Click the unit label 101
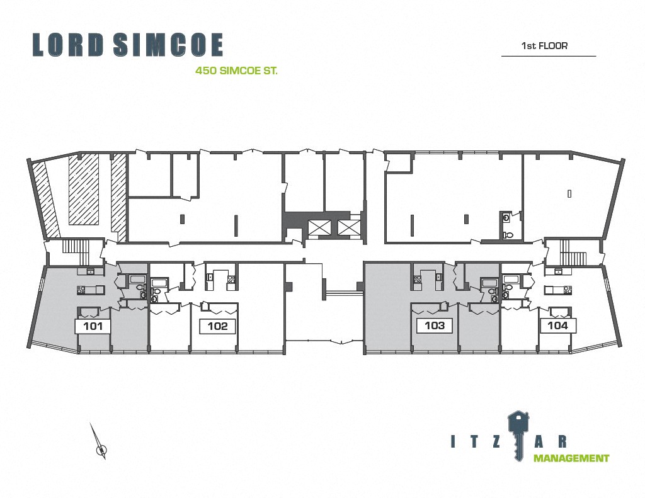(x=93, y=327)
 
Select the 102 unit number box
(x=217, y=326)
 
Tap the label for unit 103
(x=435, y=325)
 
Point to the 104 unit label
(x=558, y=325)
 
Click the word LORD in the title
(x=67, y=45)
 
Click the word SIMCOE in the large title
(x=168, y=45)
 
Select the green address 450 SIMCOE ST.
(x=236, y=71)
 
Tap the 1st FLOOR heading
(x=544, y=46)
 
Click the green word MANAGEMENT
(x=571, y=458)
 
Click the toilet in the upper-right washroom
(x=509, y=235)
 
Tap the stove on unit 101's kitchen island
(x=82, y=290)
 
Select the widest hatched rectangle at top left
(x=84, y=189)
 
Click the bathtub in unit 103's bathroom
(x=489, y=283)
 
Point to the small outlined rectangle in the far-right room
(x=569, y=193)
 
